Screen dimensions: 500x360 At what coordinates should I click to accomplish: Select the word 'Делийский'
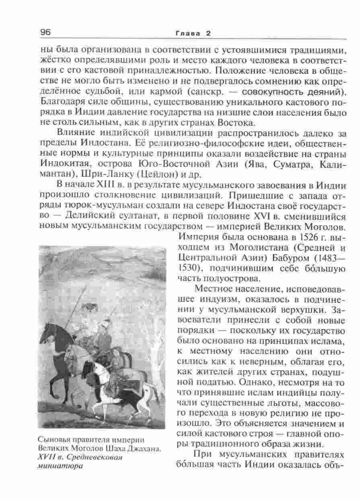[x=84, y=216]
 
